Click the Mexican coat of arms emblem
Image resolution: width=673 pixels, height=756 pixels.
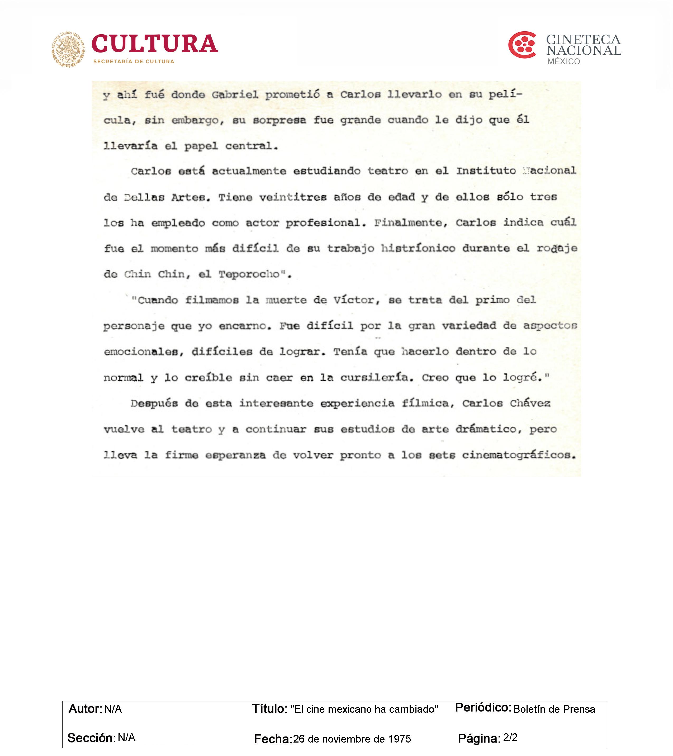[x=68, y=49]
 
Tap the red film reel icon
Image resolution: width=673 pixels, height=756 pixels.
[x=522, y=45]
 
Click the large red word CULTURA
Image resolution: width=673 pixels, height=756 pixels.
[x=154, y=44]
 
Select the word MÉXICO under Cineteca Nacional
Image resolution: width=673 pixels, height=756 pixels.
[x=563, y=61]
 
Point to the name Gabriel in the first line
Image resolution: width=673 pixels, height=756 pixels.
[x=235, y=95]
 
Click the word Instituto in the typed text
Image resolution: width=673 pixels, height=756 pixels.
[x=486, y=171]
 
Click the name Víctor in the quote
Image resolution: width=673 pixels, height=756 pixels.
[x=357, y=300]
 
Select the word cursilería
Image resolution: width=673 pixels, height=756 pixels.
[x=376, y=378]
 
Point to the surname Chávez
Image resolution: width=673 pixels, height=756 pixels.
[x=530, y=403]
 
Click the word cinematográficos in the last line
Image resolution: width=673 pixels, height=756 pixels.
[x=519, y=455]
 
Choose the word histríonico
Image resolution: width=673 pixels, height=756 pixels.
[x=418, y=249]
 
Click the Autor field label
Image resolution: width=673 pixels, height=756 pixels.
[x=85, y=709]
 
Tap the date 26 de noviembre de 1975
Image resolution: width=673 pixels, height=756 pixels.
[x=352, y=739]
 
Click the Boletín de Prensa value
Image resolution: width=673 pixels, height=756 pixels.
[x=554, y=709]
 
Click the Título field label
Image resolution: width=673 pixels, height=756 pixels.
[x=269, y=709]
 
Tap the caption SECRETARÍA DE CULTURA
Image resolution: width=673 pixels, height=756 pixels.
[x=134, y=61]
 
